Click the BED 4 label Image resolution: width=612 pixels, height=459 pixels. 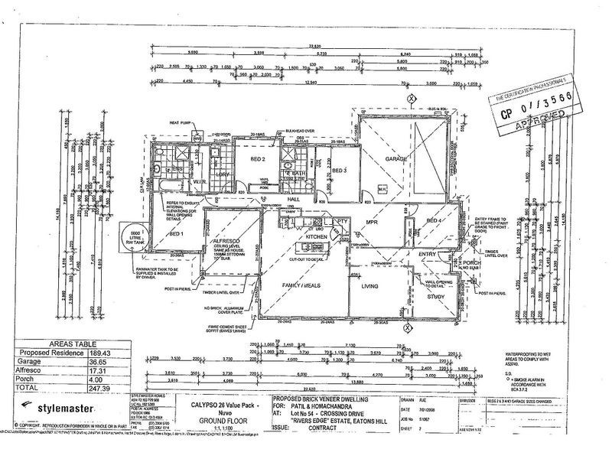click(434, 221)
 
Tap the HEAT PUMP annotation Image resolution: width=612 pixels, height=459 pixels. click(180, 122)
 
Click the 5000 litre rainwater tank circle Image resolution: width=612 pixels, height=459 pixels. click(135, 237)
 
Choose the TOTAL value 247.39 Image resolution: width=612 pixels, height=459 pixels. click(116, 389)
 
